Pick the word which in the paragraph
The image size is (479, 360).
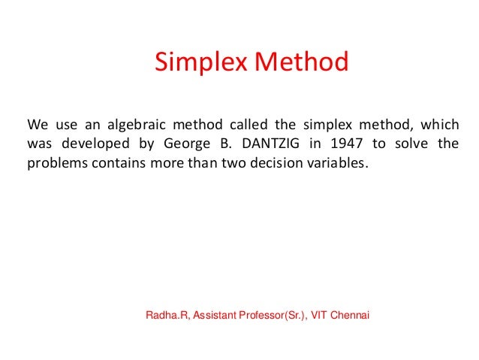point(440,124)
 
